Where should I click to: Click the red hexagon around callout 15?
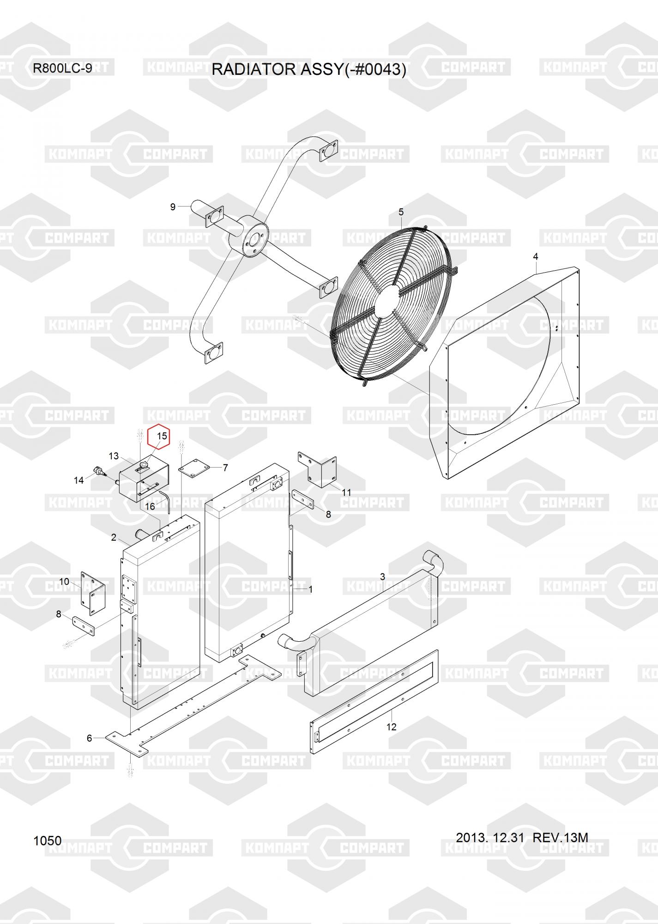(158, 436)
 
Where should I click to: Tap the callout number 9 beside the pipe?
(173, 207)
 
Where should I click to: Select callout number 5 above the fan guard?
(401, 212)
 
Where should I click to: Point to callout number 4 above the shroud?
(535, 256)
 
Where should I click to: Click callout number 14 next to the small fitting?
(79, 480)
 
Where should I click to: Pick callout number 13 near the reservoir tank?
(114, 456)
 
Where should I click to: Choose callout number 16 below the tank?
(150, 507)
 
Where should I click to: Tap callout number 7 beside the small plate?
(225, 468)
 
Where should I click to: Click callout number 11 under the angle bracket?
(346, 492)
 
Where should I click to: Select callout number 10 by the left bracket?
(64, 581)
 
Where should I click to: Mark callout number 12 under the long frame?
(391, 727)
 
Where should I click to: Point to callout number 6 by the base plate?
(90, 738)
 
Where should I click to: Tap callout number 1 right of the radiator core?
(311, 590)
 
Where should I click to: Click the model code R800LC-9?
(62, 68)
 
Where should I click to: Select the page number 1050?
(47, 841)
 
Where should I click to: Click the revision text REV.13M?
(560, 837)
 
